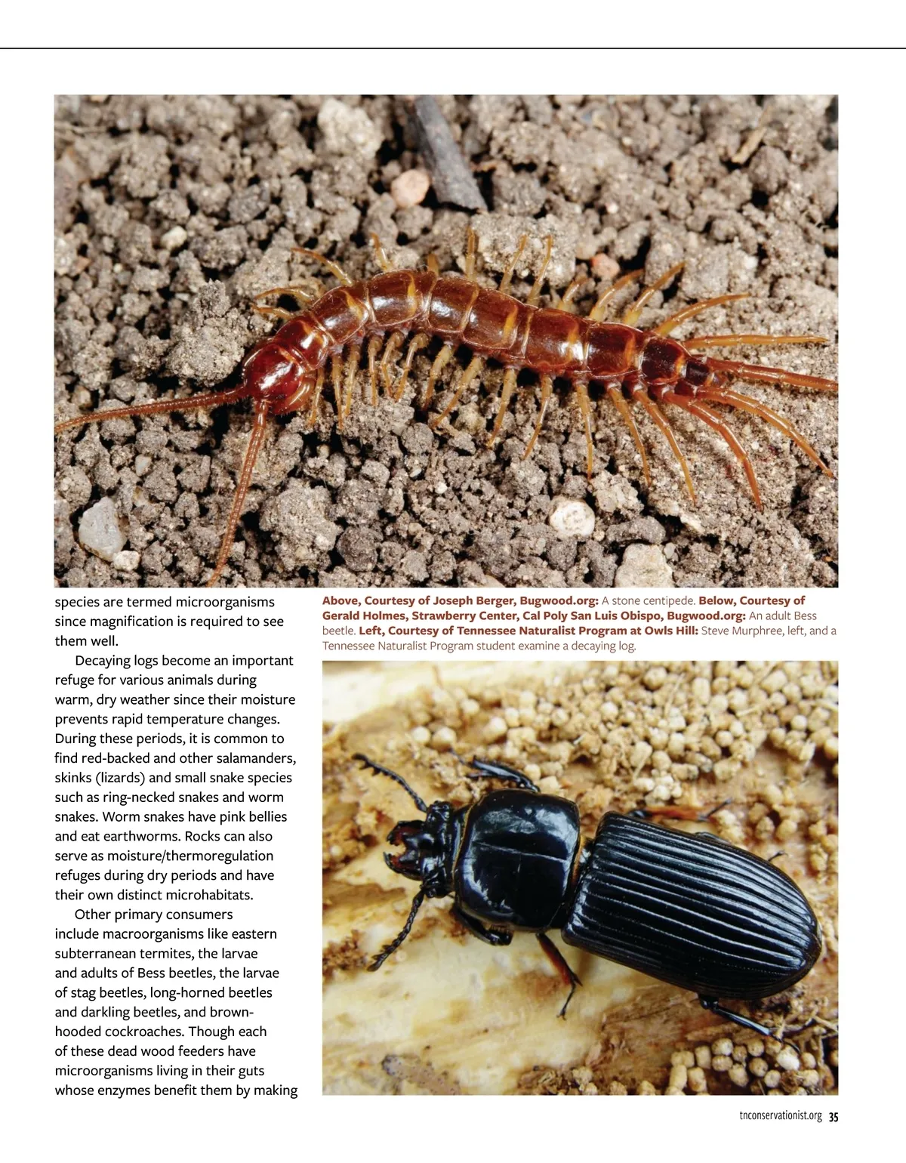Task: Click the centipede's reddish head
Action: (x=281, y=375)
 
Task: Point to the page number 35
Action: (x=834, y=1117)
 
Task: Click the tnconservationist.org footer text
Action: (x=780, y=1117)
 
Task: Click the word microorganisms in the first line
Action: (x=225, y=602)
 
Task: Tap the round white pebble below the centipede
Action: (x=572, y=519)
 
